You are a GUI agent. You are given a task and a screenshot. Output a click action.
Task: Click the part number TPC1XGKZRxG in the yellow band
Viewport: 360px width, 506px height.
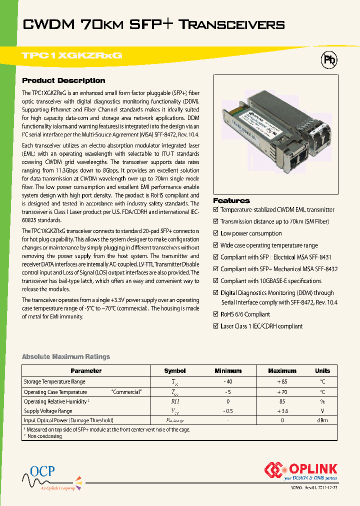tap(72, 56)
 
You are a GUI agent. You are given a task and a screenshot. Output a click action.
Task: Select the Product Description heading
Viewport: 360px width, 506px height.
tap(63, 80)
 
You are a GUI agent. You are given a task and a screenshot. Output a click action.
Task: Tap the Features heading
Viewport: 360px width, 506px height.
tap(231, 200)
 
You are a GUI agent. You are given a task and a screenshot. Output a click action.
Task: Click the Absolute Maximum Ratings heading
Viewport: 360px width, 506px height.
tap(66, 356)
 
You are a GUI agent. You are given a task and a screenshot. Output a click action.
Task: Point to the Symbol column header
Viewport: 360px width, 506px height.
tap(175, 371)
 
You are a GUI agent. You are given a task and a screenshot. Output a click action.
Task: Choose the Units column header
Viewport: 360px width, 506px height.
tap(322, 371)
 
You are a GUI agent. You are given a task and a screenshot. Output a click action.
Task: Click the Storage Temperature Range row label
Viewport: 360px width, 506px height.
tap(54, 382)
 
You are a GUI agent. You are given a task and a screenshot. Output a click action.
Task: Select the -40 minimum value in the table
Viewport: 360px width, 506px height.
tap(228, 382)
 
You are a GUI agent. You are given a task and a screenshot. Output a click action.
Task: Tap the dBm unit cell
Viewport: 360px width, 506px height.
tap(322, 420)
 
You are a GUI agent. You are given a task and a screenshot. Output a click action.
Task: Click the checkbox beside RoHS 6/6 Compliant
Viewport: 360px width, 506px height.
tap(216, 314)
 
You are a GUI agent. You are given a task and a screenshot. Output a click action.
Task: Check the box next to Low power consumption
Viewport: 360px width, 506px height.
tap(216, 233)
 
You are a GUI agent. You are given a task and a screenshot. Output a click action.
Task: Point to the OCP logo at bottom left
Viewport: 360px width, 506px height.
tap(42, 471)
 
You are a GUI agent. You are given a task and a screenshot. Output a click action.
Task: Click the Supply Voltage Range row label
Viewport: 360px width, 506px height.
tap(48, 411)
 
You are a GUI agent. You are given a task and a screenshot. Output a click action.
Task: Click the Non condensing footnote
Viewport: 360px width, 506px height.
tap(44, 436)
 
